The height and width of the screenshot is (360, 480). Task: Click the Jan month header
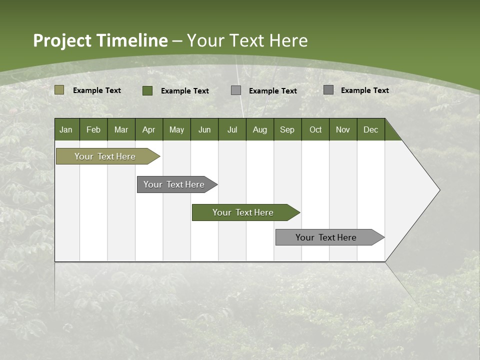click(x=66, y=129)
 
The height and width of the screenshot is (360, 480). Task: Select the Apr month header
click(x=149, y=129)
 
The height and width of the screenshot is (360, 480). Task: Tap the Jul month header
click(x=232, y=129)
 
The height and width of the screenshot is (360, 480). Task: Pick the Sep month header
click(x=287, y=129)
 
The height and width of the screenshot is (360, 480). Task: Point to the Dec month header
click(x=370, y=129)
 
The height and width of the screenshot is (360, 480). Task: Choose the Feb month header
click(x=93, y=129)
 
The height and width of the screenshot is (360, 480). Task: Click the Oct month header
click(x=315, y=129)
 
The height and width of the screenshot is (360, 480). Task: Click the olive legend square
click(x=59, y=90)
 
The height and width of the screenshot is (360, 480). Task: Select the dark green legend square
click(x=147, y=90)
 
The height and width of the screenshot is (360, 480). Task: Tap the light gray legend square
click(x=236, y=90)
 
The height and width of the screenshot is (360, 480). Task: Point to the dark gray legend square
click(x=328, y=90)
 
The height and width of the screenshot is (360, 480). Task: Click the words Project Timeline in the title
click(x=100, y=40)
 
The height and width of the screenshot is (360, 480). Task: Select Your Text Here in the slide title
click(x=247, y=40)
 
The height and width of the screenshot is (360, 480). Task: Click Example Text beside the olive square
click(x=97, y=90)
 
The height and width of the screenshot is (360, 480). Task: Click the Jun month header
click(x=204, y=129)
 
